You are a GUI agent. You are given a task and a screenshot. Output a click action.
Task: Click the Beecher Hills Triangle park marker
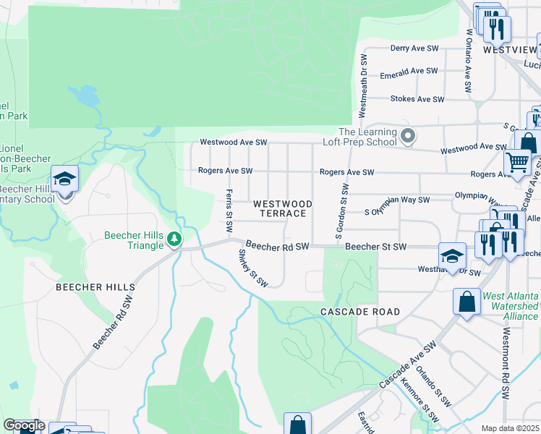[x=174, y=239]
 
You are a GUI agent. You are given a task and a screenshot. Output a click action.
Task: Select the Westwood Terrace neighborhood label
[x=283, y=208]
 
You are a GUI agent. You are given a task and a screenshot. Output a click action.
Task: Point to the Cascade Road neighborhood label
[x=360, y=312]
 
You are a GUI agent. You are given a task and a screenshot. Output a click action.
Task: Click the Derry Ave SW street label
[x=414, y=48]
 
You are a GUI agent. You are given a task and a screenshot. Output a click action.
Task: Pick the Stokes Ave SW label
[x=417, y=98]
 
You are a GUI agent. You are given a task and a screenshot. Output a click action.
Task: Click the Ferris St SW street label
[x=229, y=210]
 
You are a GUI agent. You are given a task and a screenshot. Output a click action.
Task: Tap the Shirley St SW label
[x=253, y=268]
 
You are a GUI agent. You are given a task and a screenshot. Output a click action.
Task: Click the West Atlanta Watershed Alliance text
[x=510, y=306]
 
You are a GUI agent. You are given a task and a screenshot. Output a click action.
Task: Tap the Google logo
[x=23, y=425]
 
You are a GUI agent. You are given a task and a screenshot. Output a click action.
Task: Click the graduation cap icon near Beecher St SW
[x=452, y=256]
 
